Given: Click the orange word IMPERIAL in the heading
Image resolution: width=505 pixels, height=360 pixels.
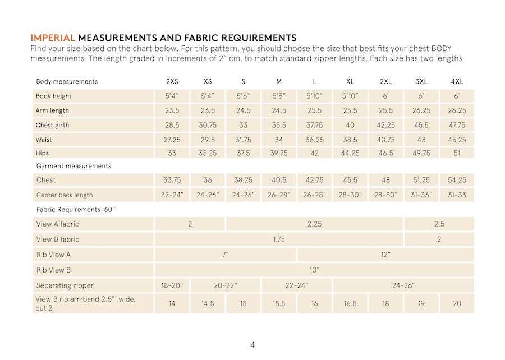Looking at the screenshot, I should (53, 38).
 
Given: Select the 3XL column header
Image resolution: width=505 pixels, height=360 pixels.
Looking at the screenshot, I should (421, 81).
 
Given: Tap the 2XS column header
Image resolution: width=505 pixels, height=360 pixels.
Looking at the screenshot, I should (172, 81).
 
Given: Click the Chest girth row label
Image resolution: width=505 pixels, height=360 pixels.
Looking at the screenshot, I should (53, 125).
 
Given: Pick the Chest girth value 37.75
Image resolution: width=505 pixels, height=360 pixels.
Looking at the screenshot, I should (314, 125).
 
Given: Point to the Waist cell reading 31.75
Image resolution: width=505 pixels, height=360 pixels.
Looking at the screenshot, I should (243, 140).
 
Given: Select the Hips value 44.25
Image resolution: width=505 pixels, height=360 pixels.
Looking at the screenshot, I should (350, 153).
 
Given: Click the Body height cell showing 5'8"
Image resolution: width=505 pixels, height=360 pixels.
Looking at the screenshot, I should (279, 96).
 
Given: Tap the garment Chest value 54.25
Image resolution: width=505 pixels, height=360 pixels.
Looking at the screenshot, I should (457, 180).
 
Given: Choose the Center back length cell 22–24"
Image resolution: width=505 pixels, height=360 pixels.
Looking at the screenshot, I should (172, 195).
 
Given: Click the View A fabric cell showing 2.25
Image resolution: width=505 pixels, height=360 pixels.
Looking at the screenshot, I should (314, 224).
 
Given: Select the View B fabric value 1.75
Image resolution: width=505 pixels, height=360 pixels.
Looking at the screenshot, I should (279, 239).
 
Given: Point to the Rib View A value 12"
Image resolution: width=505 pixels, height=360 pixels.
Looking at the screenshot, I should (385, 255).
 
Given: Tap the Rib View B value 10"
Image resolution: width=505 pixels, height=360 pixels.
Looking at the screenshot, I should (314, 270).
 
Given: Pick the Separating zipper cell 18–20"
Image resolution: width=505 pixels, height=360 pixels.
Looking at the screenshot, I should (172, 285).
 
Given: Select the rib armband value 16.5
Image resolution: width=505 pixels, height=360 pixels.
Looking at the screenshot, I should (350, 303).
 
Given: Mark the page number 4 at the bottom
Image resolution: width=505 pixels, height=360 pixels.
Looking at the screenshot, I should (252, 345).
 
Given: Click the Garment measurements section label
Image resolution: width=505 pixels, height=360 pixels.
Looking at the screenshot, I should (74, 166).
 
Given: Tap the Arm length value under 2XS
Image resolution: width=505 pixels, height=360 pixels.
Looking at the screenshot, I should (172, 110).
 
